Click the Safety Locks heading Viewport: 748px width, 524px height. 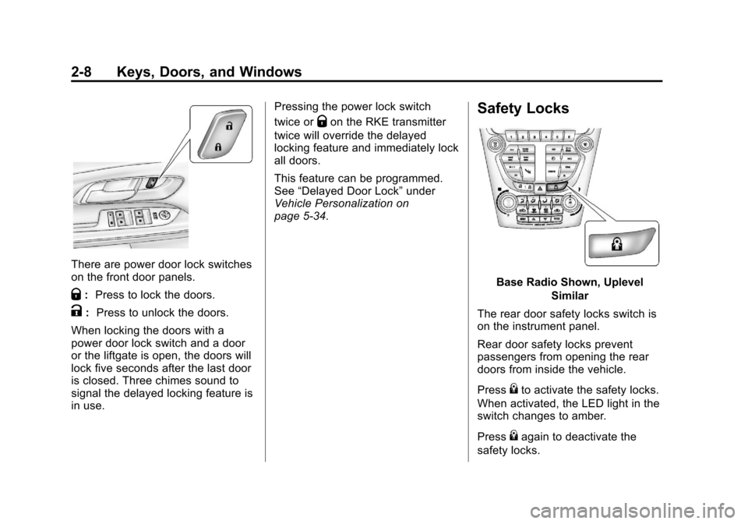pyautogui.click(x=524, y=109)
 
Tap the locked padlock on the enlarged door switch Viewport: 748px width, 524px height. pyautogui.click(x=217, y=146)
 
